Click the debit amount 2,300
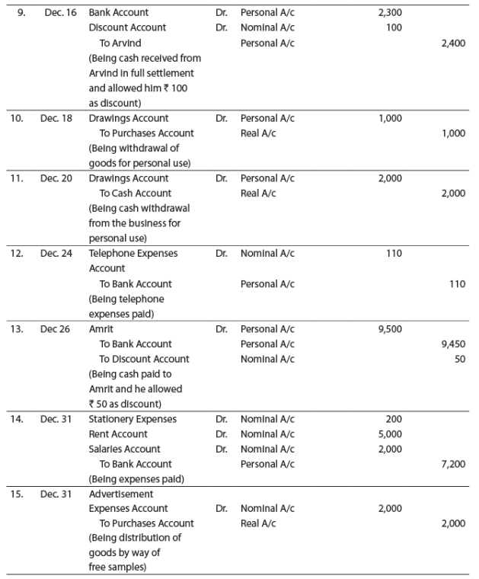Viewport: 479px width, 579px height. [x=390, y=13]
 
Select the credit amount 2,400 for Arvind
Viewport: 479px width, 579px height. [x=453, y=43]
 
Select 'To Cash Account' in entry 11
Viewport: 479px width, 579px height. [x=136, y=194]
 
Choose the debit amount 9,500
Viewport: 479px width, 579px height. [x=390, y=329]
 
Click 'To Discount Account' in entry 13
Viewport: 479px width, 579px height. [x=145, y=359]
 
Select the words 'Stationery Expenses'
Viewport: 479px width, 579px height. [x=133, y=419]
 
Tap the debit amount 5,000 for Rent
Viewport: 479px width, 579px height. [x=390, y=434]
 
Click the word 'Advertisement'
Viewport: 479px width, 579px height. [x=121, y=494]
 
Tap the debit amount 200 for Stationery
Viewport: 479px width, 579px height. [x=393, y=419]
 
